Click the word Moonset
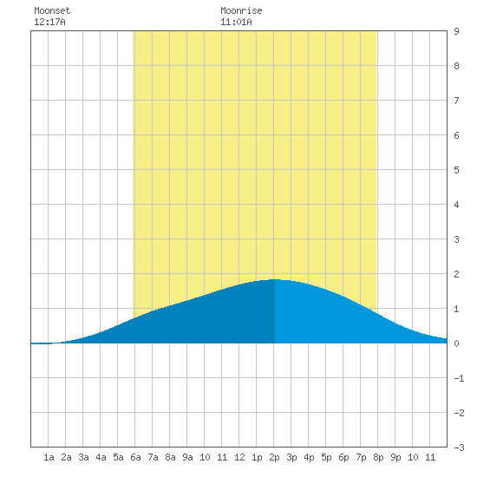(52, 10)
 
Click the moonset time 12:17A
(49, 22)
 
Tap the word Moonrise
(241, 10)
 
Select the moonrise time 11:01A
(236, 22)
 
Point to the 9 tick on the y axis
(456, 31)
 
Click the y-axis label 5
(456, 170)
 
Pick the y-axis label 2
(456, 274)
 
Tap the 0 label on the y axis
(456, 343)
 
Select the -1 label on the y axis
(459, 378)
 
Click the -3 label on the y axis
(459, 448)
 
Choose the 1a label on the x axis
(49, 457)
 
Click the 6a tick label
(135, 457)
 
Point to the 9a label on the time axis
(187, 457)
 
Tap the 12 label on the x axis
(239, 457)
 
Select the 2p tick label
(274, 457)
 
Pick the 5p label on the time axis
(326, 457)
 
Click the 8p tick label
(378, 457)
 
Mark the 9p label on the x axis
(395, 457)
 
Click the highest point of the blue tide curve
(275, 279)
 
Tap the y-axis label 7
(456, 101)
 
